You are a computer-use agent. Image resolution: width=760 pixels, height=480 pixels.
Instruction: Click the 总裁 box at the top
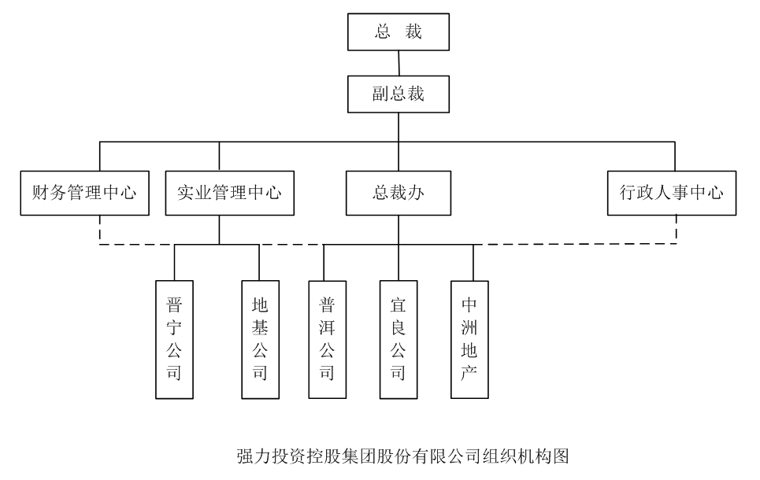(399, 32)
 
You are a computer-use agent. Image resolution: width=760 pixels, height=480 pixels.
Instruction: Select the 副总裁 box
(399, 94)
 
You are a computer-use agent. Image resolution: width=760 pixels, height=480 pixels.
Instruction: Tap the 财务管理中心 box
(84, 193)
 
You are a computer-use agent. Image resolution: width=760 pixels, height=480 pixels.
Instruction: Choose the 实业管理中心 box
(229, 193)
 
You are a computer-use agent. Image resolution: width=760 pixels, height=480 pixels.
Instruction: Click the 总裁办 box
(399, 193)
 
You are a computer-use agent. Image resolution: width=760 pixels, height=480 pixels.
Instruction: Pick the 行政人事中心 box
(672, 193)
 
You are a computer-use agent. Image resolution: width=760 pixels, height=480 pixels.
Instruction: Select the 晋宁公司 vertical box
(174, 339)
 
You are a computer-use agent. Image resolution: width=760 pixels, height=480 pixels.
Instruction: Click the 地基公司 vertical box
(260, 339)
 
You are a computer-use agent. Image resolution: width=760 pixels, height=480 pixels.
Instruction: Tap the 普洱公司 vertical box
(327, 339)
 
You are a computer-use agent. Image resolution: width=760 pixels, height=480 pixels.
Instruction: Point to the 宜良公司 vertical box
(399, 339)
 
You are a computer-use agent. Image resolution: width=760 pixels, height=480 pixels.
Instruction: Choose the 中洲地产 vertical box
(469, 339)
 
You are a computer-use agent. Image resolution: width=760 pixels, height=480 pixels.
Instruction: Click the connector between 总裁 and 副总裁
(399, 63)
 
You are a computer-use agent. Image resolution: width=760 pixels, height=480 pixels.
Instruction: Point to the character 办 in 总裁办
(416, 193)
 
